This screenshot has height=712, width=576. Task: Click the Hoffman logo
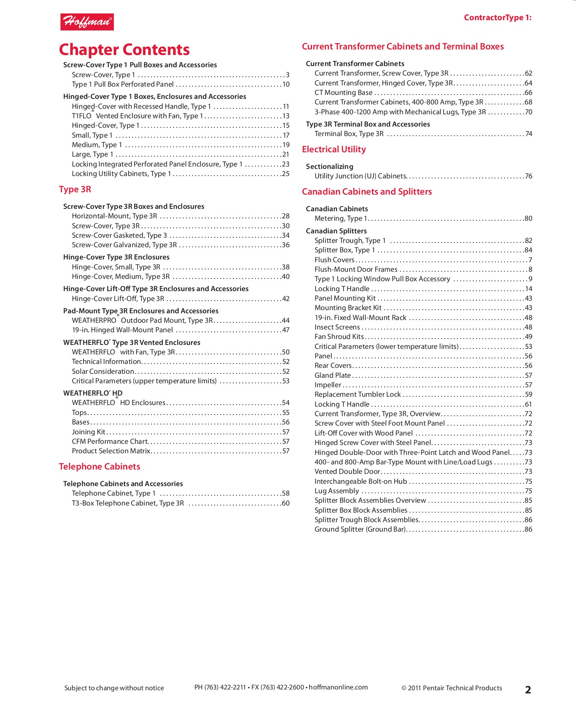tap(87, 22)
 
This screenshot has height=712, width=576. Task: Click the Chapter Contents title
tap(124, 50)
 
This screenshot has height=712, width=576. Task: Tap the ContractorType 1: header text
tap(497, 17)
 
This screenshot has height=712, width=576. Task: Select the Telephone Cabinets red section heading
tap(99, 466)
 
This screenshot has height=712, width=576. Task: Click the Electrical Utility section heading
tap(334, 149)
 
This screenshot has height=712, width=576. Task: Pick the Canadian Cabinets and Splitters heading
tap(366, 191)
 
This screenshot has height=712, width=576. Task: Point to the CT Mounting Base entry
tap(343, 93)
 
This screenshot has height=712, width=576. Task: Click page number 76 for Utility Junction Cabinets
tap(528, 176)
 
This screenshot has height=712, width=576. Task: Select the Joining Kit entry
tap(89, 432)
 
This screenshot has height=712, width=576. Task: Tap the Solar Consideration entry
tap(103, 371)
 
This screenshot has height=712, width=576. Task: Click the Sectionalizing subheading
tap(329, 167)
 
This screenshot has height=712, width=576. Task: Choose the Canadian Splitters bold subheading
tap(336, 231)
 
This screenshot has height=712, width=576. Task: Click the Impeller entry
tap(328, 385)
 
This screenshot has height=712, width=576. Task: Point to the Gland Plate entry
tap(332, 375)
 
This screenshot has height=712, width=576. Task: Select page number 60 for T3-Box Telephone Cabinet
tap(285, 503)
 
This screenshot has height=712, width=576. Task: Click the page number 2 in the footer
tap(528, 690)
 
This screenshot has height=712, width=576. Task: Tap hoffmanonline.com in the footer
tap(338, 687)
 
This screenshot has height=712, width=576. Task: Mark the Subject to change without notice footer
tap(114, 688)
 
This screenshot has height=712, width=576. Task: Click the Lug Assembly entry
tap(336, 491)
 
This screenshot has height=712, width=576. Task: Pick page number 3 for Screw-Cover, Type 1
tap(288, 75)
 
